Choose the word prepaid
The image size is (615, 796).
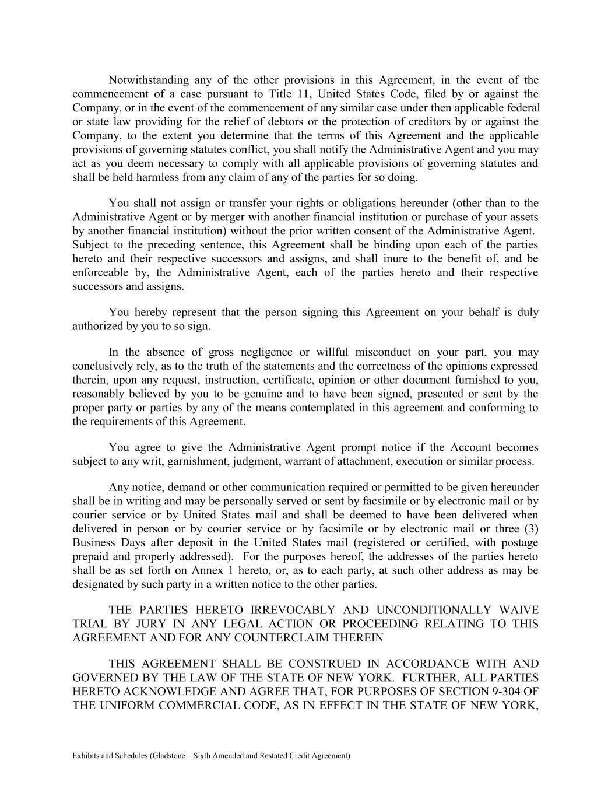tap(90, 556)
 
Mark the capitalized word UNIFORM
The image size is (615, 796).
tap(122, 705)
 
